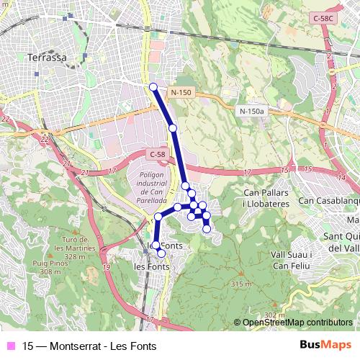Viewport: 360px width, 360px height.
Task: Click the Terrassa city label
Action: [x=46, y=57]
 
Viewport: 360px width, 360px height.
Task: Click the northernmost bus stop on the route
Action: [x=153, y=88]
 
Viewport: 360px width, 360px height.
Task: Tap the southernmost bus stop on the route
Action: [x=161, y=253]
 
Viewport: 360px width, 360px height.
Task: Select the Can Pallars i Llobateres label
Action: [x=266, y=199]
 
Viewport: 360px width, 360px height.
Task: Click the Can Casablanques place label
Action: [x=328, y=200]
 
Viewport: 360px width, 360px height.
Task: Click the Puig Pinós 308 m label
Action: [x=51, y=267]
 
